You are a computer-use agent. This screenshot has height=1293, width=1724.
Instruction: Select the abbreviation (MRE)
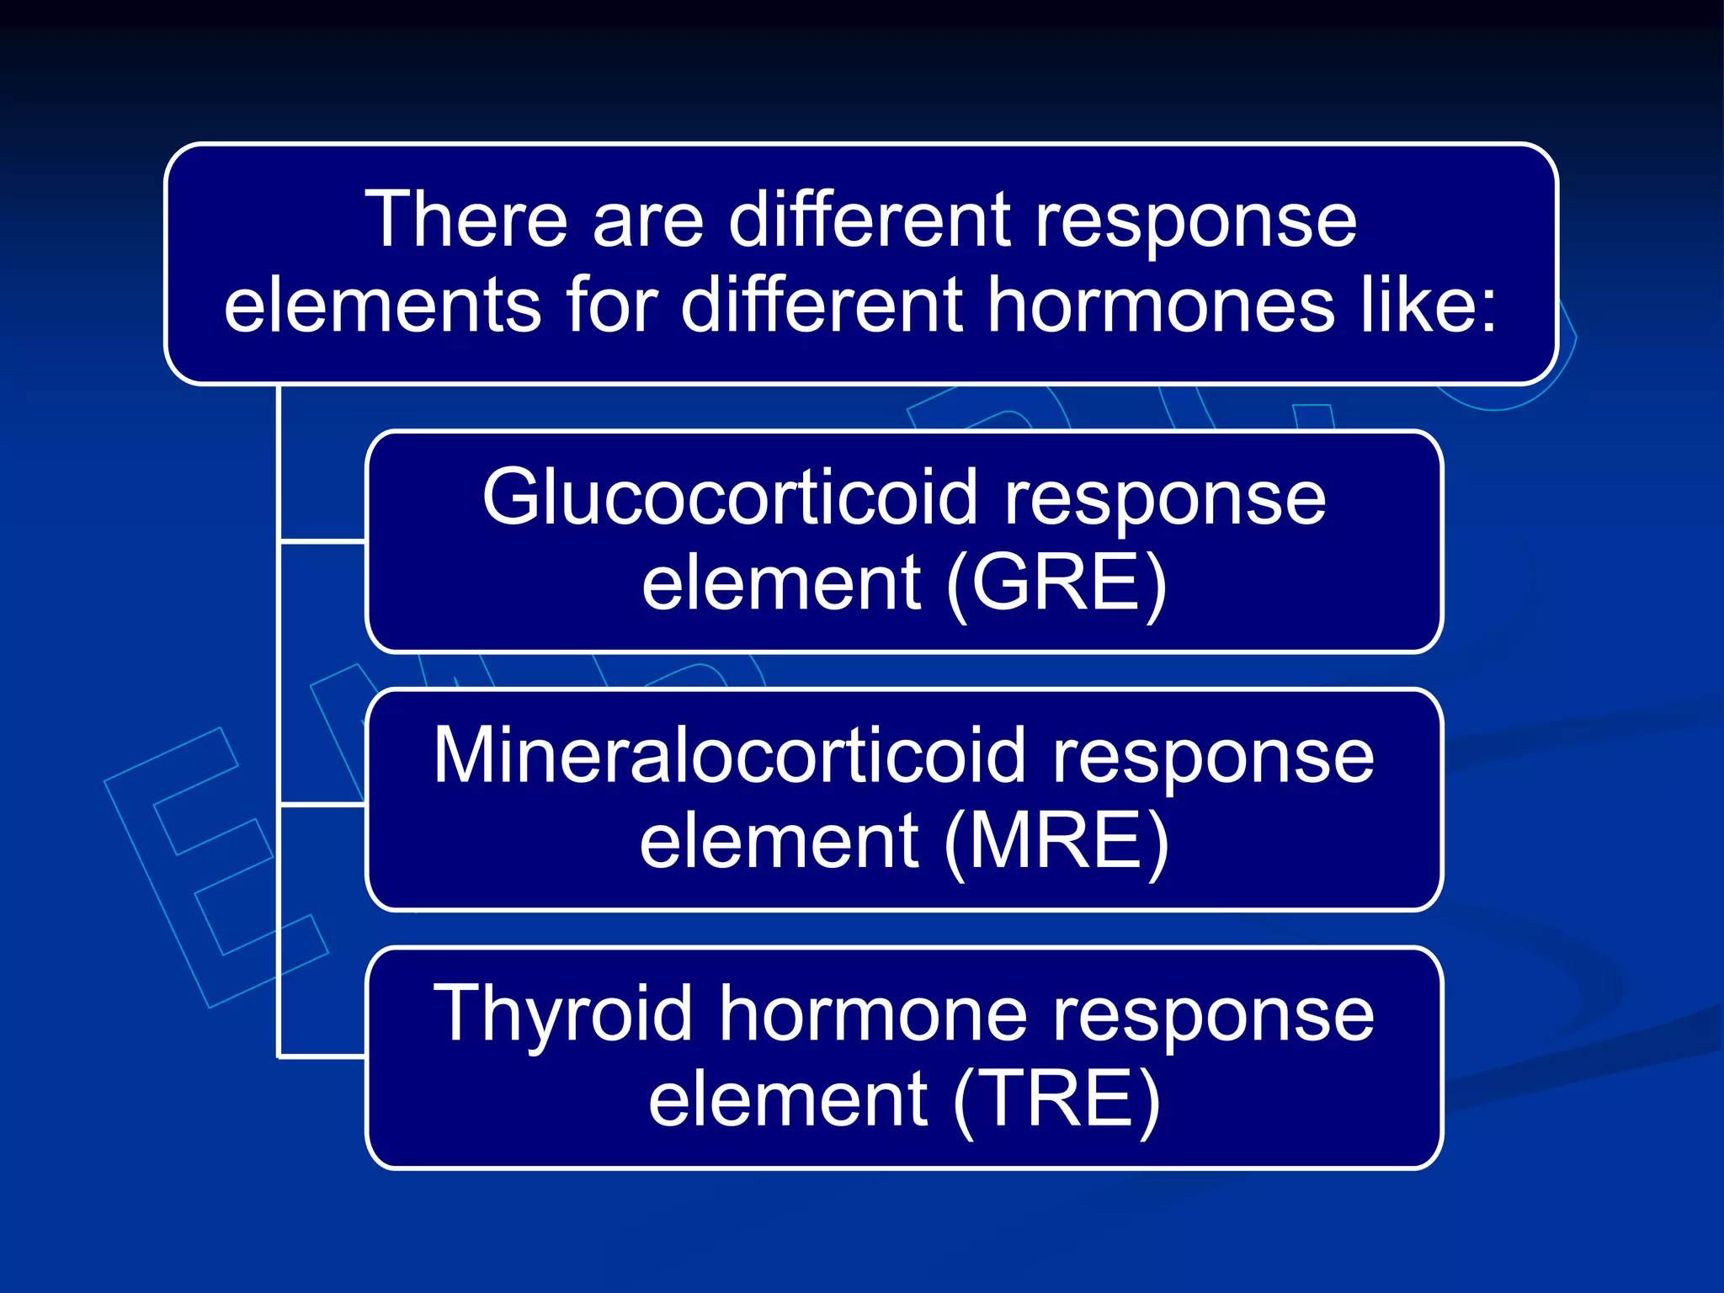[x=1056, y=843]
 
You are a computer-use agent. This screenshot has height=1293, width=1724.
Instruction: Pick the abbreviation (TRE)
[x=1056, y=1101]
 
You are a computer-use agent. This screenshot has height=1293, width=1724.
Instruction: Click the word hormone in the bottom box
[x=872, y=1015]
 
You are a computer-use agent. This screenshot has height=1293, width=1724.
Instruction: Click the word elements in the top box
[x=382, y=306]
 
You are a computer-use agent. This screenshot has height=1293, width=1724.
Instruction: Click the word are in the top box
[x=647, y=220]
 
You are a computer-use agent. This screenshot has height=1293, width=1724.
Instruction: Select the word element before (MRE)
[x=780, y=843]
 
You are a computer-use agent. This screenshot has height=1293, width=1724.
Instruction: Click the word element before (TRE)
[x=788, y=1101]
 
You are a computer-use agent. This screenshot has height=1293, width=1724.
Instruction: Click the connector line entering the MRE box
[x=322, y=805]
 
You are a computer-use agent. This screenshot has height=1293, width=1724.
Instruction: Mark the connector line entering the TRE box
[x=322, y=1056]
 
